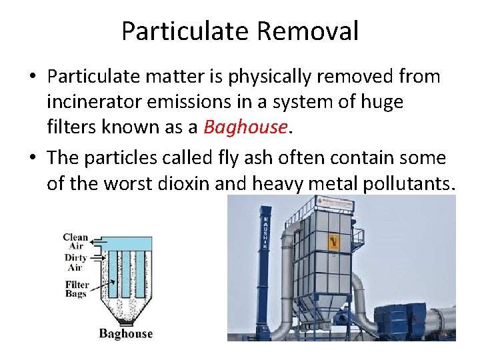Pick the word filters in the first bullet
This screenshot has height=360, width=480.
[71, 127]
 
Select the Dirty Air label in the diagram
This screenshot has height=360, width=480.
[75, 262]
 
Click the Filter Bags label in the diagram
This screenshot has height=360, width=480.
[76, 289]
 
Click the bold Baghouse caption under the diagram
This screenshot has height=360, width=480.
[125, 333]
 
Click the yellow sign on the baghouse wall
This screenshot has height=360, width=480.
[332, 241]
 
